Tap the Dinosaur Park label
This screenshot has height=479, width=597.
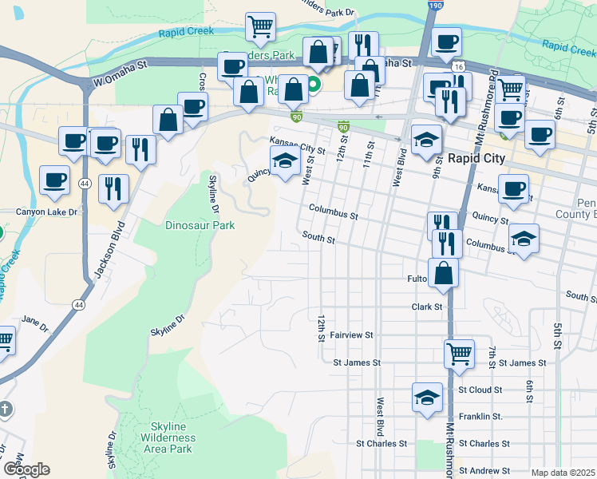200,225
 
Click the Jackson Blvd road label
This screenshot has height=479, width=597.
111,255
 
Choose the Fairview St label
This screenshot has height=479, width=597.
352,335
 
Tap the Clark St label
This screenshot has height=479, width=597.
427,307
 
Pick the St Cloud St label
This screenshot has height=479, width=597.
480,390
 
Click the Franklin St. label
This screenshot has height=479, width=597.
480,417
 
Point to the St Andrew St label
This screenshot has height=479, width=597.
484,471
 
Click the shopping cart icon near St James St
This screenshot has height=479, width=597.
459,353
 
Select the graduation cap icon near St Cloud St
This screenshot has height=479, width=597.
427,396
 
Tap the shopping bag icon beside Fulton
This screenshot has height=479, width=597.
443,272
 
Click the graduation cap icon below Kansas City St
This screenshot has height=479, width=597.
286,160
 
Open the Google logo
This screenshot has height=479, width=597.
26,469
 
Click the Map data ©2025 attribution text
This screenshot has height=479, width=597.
563,473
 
